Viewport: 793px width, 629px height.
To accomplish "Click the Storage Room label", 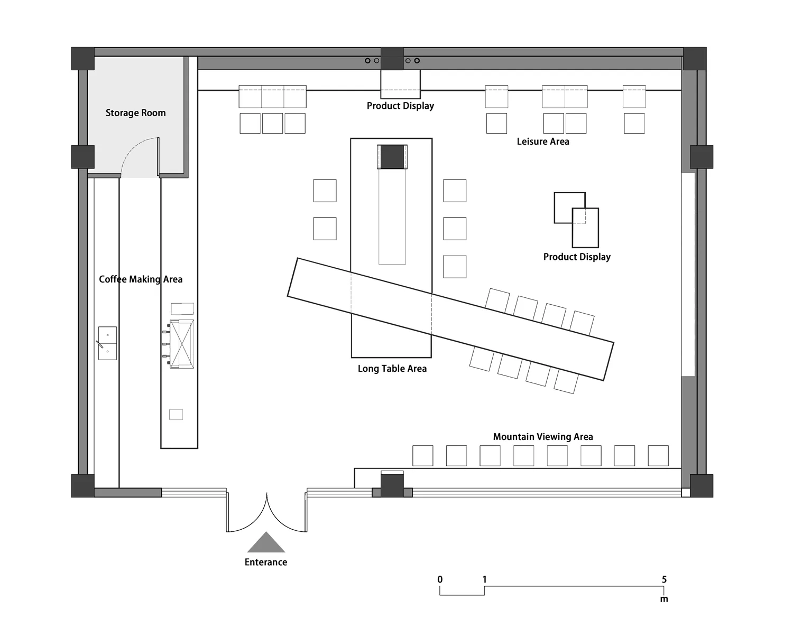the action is coord(136,112).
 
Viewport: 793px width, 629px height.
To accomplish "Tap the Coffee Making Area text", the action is coord(141,279).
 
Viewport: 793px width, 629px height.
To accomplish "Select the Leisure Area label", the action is coord(543,142).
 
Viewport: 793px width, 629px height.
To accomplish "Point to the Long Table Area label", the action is coord(392,369).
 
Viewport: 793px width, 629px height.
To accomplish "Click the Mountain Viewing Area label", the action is coord(543,437).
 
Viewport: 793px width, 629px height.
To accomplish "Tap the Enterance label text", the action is coord(266,562).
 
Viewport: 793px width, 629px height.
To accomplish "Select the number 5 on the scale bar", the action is coord(664,580).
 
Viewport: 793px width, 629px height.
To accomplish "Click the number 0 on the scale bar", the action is coord(440,580).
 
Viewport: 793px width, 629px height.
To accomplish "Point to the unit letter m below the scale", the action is coord(664,599).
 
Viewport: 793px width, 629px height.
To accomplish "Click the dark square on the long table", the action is coord(392,157).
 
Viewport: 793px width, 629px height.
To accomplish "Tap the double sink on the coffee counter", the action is coord(107,343).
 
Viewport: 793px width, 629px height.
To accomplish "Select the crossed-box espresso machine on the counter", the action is coord(181,344).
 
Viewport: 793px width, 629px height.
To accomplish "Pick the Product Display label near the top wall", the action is coord(400,106).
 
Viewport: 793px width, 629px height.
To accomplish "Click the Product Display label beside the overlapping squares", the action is coord(577,257).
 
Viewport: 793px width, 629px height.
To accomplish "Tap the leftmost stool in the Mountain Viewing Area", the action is coord(422,456).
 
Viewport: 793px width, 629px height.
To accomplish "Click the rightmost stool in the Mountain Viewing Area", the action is coord(658,456).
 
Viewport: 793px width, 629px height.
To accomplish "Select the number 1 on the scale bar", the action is coord(485,580).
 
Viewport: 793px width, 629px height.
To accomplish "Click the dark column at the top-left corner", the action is coord(82,59).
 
